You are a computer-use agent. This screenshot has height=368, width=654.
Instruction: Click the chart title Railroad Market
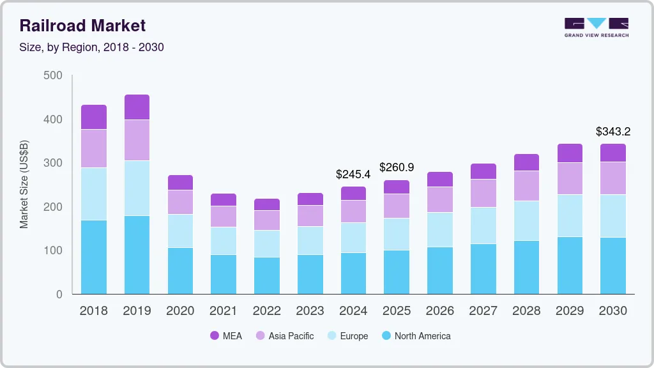point(82,26)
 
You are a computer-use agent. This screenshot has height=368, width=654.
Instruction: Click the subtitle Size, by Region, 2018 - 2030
point(91,47)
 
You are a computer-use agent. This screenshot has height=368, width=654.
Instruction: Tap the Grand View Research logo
point(597,27)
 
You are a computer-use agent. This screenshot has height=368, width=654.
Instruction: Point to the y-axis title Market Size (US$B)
point(24,184)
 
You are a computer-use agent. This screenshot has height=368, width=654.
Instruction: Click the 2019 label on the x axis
point(137,311)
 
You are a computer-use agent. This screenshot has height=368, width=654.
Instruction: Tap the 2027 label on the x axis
point(483,311)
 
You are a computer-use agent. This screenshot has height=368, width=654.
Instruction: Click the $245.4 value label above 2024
point(353,174)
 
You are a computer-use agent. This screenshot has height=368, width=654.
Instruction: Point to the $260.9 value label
point(397,167)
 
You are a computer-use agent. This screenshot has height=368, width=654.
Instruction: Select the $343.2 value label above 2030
point(613,132)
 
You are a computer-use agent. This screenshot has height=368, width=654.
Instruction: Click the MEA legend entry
point(226,336)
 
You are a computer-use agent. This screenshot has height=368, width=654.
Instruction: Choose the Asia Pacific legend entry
point(284,336)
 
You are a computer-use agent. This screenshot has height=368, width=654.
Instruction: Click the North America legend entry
point(415,336)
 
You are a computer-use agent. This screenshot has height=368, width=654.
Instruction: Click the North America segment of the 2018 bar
point(94,257)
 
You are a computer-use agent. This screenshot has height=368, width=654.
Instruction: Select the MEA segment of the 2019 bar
point(137,107)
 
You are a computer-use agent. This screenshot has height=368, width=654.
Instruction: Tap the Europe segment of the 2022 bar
point(266,243)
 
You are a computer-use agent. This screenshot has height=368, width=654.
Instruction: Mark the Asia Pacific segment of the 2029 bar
point(570,178)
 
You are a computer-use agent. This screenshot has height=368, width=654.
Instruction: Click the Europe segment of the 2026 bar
point(439,229)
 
